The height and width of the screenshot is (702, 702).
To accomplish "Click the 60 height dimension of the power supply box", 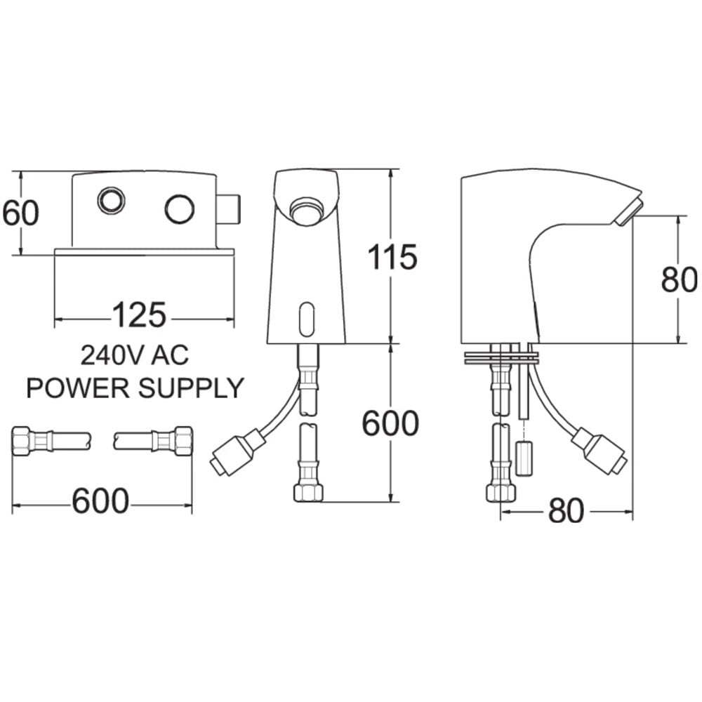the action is point(20,213).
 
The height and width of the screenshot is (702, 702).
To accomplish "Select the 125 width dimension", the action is point(139,314).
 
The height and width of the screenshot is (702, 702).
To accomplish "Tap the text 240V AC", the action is point(135,355).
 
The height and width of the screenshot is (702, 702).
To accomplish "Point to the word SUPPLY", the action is point(191,388).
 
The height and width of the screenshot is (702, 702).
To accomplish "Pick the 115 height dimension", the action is point(392,258).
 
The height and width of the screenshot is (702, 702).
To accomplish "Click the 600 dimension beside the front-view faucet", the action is point(390,423).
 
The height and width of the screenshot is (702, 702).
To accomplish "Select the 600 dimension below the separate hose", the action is point(100,501).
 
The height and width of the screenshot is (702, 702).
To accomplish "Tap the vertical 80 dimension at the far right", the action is point(679,280).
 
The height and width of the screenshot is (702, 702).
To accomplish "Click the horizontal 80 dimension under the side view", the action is point(567,511).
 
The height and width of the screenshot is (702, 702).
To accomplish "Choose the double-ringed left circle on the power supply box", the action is point(111,200).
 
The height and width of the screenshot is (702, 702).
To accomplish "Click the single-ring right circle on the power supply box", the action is point(180,209).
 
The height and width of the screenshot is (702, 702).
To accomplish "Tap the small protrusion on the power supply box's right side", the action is point(230,211).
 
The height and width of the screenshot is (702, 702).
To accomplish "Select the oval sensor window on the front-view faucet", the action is point(307,319).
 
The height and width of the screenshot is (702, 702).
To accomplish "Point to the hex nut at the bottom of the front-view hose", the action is point(308,493).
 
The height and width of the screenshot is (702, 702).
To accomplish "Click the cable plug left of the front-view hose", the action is point(234,451).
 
